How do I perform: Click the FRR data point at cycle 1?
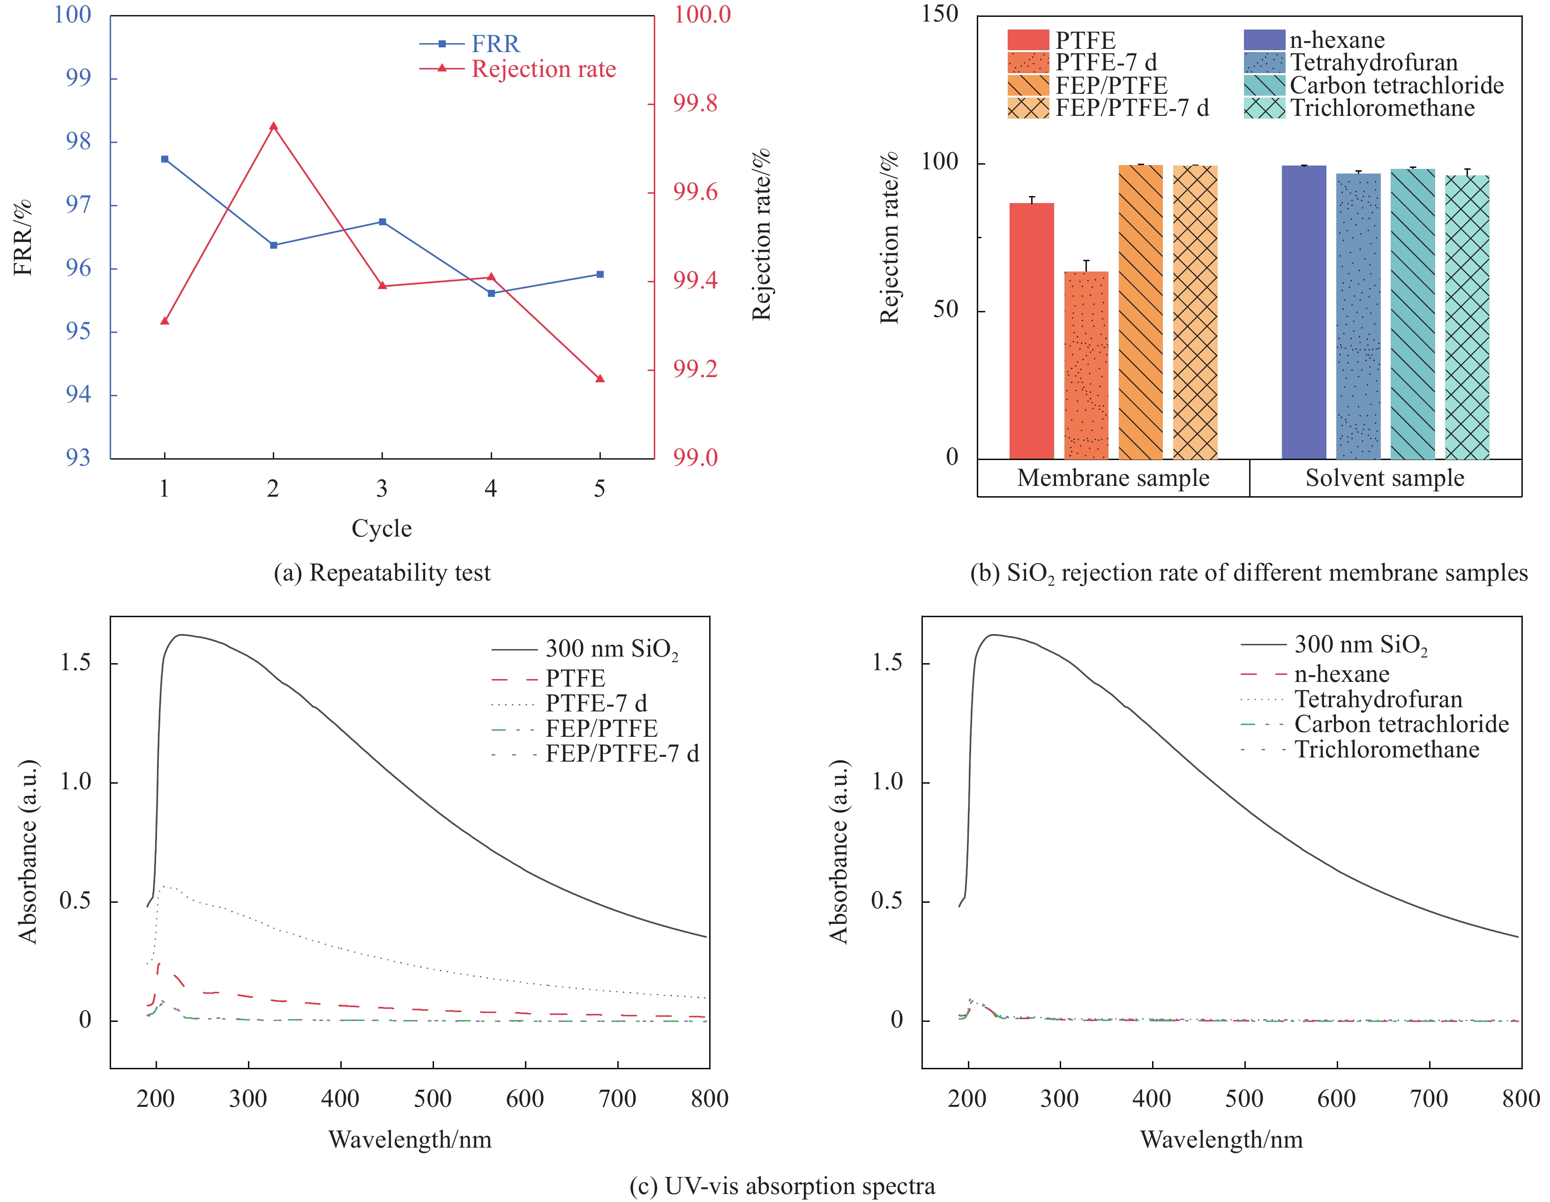click(165, 159)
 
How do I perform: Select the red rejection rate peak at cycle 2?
click(273, 126)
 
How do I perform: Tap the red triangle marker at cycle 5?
click(599, 378)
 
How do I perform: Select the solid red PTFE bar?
click(1031, 331)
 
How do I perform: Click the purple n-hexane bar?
click(1304, 312)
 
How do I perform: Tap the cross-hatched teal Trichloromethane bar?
click(1467, 318)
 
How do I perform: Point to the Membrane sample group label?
click(1113, 478)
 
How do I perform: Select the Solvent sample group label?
click(1385, 478)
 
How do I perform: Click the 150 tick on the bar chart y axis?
click(940, 14)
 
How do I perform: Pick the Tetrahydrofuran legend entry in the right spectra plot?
click(1378, 699)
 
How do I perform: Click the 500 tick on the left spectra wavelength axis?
click(432, 1098)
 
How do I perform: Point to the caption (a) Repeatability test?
click(382, 572)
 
